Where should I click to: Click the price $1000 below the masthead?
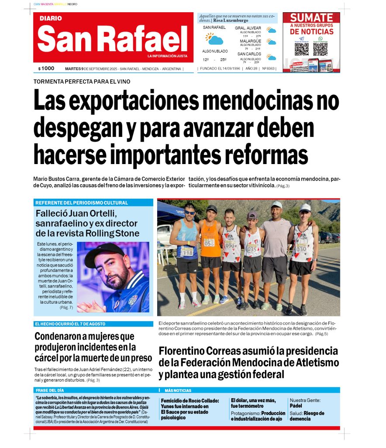pyautogui.click(x=46, y=68)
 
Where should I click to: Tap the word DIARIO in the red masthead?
pyautogui.click(x=51, y=18)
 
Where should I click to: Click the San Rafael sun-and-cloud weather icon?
pyautogui.click(x=214, y=39)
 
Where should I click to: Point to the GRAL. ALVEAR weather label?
pyautogui.click(x=248, y=28)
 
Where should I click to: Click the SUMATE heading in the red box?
pyautogui.click(x=311, y=18)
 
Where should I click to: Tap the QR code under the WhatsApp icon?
pyautogui.click(x=320, y=49)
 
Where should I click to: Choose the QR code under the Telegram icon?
pyautogui.click(x=302, y=49)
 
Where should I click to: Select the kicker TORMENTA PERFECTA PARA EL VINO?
pyautogui.click(x=82, y=81)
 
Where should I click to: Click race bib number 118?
pyautogui.click(x=188, y=252)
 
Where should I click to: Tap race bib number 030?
pyautogui.click(x=301, y=249)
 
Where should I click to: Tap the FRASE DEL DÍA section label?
pyautogui.click(x=50, y=390)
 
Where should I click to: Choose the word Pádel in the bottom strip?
pyautogui.click(x=296, y=406)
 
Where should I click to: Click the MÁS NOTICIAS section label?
pyautogui.click(x=178, y=390)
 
